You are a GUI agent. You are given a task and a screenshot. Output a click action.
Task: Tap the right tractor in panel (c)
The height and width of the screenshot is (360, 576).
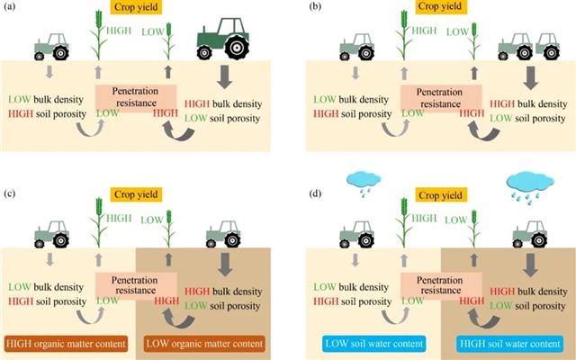(223, 233)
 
